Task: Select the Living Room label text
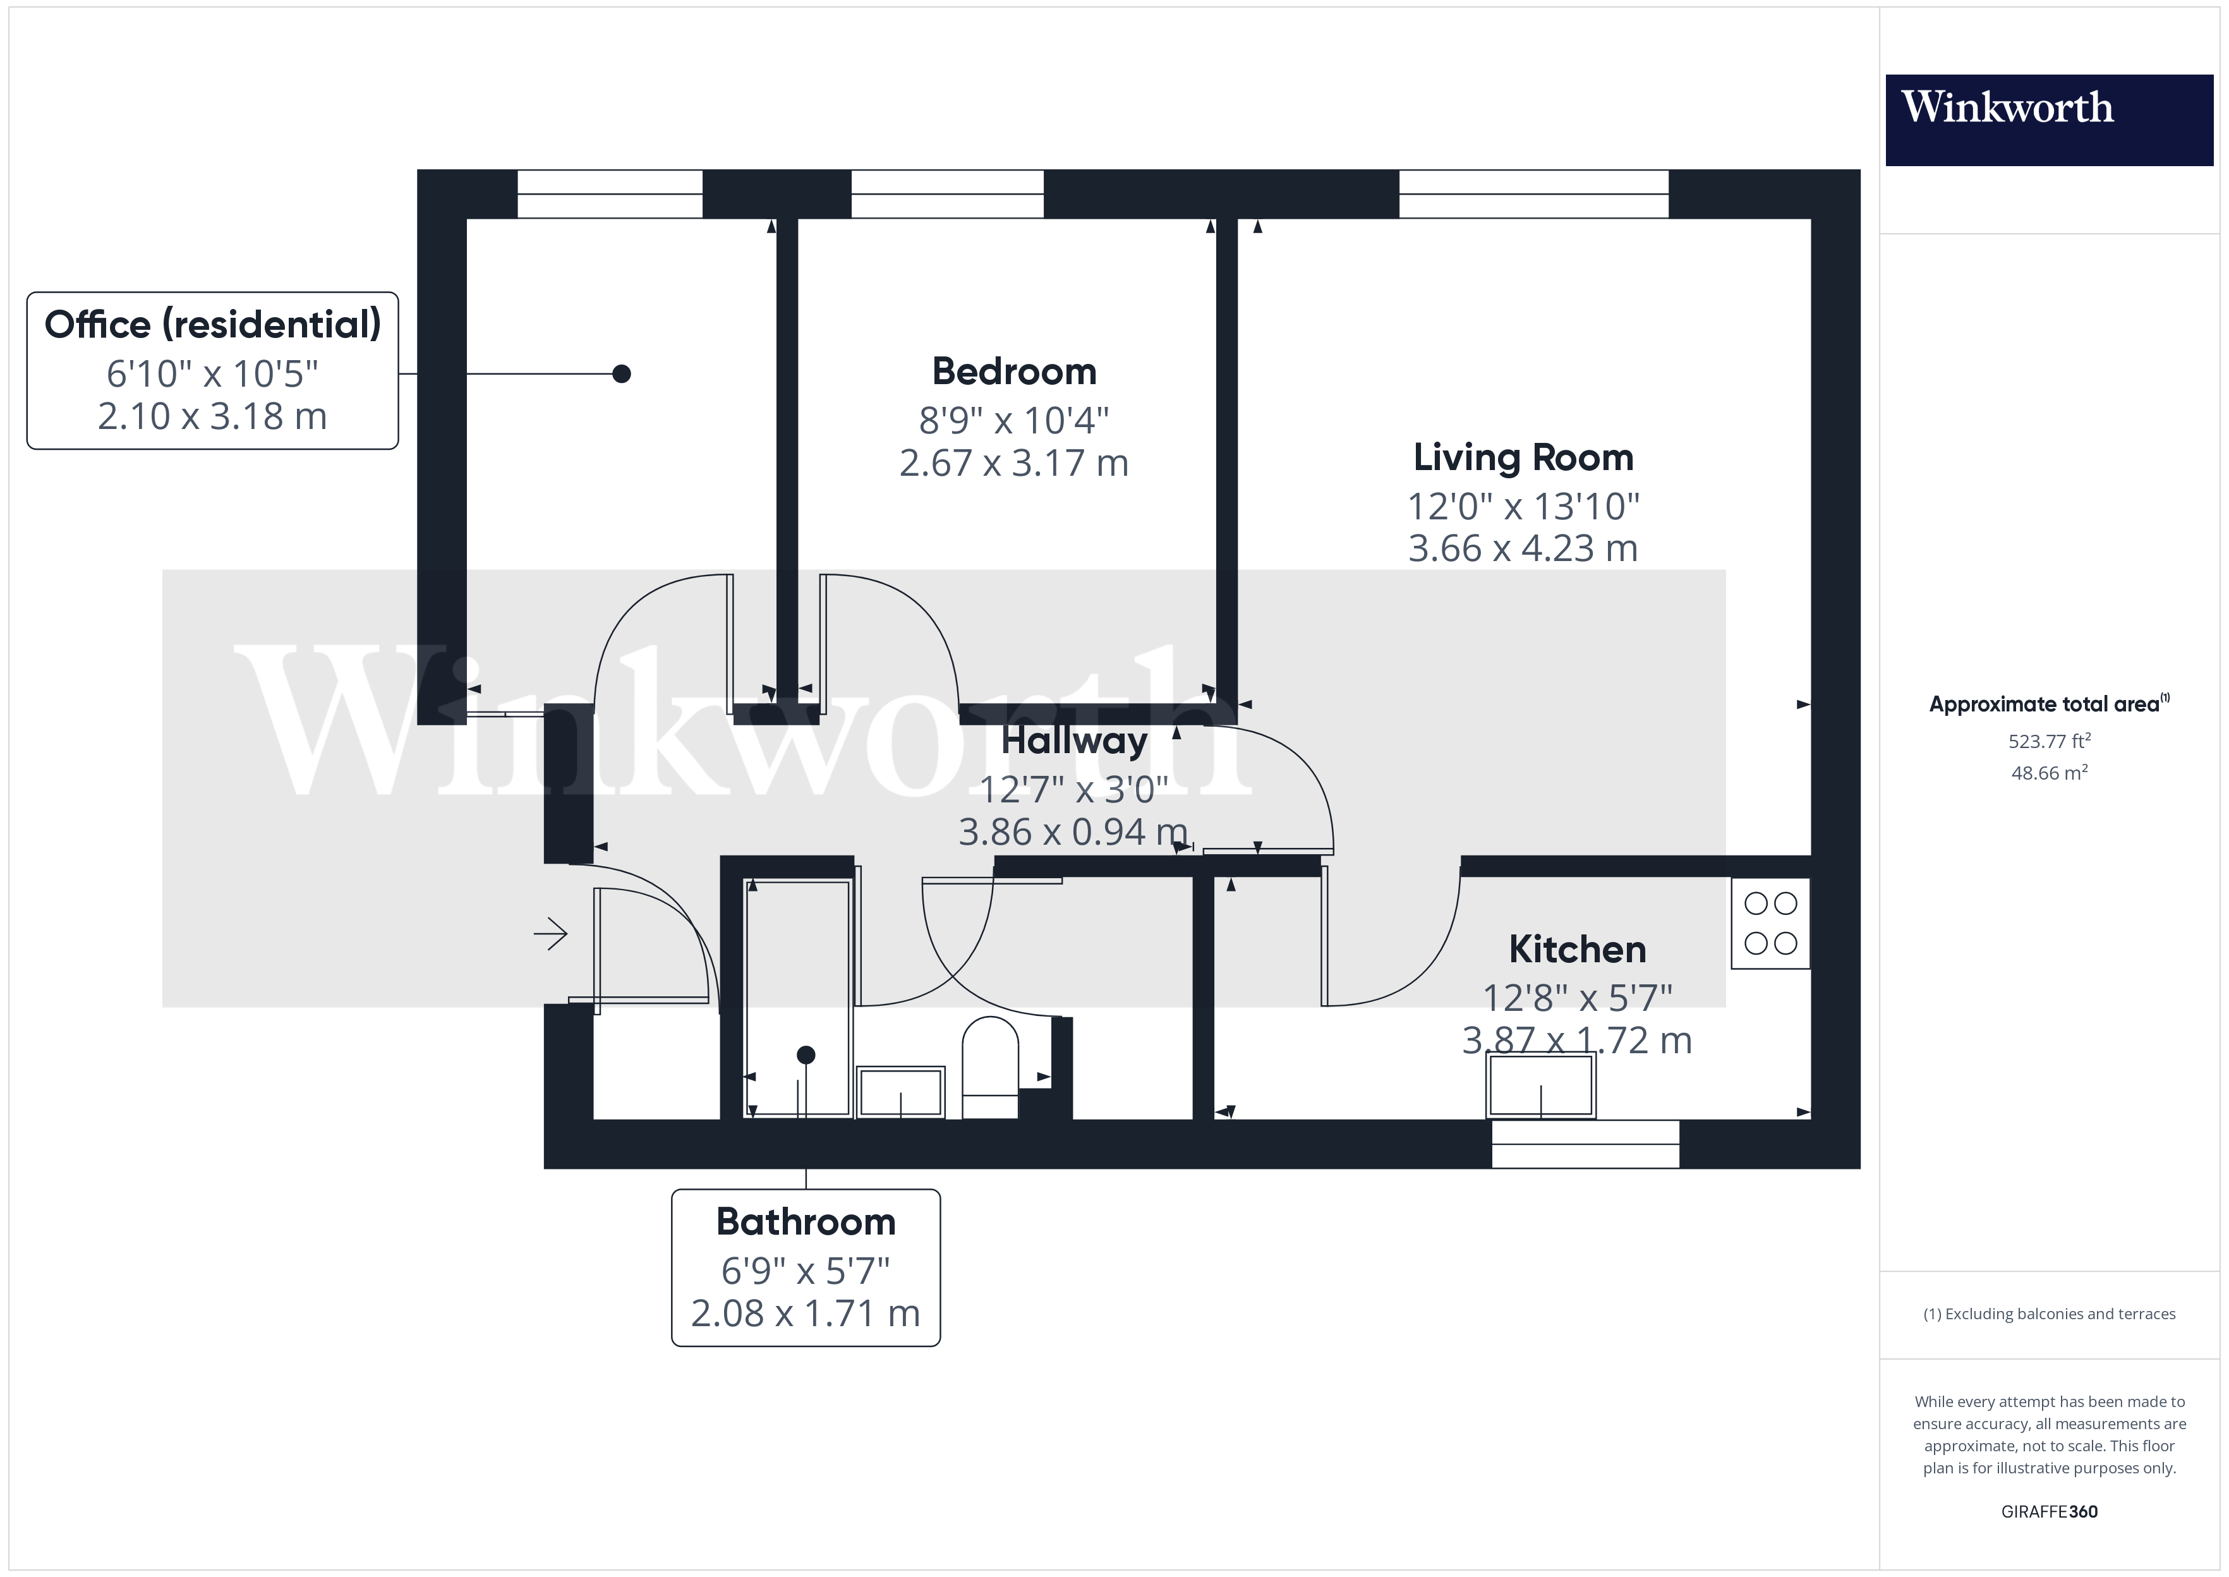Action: pos(1522,457)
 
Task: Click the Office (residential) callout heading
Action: pos(213,324)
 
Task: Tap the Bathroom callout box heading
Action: pos(805,1221)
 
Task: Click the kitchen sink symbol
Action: pos(1540,1085)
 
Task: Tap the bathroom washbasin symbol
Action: pos(900,1092)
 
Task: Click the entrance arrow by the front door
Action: pos(550,934)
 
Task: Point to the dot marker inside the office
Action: pos(621,374)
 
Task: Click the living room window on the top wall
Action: pos(1533,193)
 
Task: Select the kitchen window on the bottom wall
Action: pos(1585,1144)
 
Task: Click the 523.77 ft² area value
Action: pos(2048,742)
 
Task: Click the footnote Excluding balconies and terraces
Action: pos(2048,1314)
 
